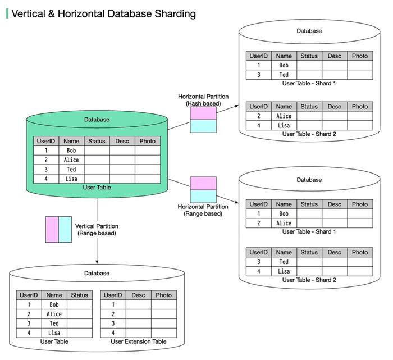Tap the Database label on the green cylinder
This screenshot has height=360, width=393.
(97, 120)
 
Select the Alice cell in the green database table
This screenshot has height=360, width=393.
(71, 160)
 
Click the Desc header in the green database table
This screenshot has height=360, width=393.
(122, 141)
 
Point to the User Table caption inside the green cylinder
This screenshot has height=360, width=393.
(97, 188)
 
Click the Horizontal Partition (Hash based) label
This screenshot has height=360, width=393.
(203, 100)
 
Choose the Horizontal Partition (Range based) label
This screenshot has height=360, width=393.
(203, 210)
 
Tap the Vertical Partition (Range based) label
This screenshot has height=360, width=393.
(97, 229)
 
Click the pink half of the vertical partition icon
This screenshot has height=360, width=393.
(52, 229)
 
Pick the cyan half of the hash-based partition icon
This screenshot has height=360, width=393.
(203, 126)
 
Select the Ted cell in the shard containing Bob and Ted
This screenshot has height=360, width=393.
(284, 75)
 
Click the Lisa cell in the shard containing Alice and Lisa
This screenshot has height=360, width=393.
(284, 126)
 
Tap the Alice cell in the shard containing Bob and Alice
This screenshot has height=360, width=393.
(284, 223)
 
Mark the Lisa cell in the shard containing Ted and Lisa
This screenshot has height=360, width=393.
(284, 271)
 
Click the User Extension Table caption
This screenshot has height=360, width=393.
(138, 341)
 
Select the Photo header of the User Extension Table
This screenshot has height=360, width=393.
(163, 295)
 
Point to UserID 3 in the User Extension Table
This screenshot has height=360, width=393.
(113, 323)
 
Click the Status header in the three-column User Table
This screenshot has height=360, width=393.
(80, 295)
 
